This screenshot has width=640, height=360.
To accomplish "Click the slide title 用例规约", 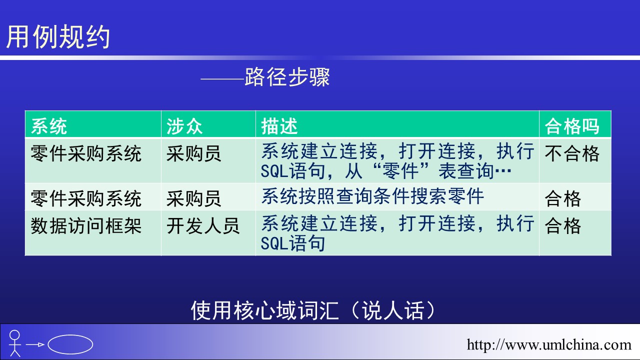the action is (x=58, y=36).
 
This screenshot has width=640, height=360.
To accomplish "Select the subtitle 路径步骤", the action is (x=287, y=77).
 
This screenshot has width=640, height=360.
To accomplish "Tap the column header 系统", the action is (x=49, y=126).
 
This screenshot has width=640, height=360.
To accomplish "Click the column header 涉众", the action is (x=184, y=126).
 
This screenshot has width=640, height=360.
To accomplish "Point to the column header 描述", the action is (x=279, y=126).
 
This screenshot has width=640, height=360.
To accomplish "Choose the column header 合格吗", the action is (x=571, y=126).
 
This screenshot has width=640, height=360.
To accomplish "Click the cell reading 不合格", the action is (x=571, y=153).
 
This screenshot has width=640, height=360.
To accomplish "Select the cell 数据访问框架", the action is (x=86, y=226).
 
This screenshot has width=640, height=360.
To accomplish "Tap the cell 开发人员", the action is (x=203, y=226).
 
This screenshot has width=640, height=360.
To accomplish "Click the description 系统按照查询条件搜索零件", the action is (x=372, y=196).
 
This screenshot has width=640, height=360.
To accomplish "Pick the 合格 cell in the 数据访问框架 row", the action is (x=563, y=226).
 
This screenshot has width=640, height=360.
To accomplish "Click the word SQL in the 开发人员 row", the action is (x=274, y=243).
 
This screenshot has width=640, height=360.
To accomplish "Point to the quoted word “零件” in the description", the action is (x=401, y=171).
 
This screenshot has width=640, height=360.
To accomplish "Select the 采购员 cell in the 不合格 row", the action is (x=193, y=153).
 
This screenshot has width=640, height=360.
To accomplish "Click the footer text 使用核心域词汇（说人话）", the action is (x=313, y=310).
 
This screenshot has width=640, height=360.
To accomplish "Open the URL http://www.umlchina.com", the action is (x=549, y=344).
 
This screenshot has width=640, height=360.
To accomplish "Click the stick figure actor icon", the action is (x=14, y=343).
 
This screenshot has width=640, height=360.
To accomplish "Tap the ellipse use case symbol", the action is (x=70, y=344).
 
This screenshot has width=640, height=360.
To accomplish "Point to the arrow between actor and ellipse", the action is (x=35, y=344).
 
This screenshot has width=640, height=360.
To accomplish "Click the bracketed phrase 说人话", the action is (x=393, y=310).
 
